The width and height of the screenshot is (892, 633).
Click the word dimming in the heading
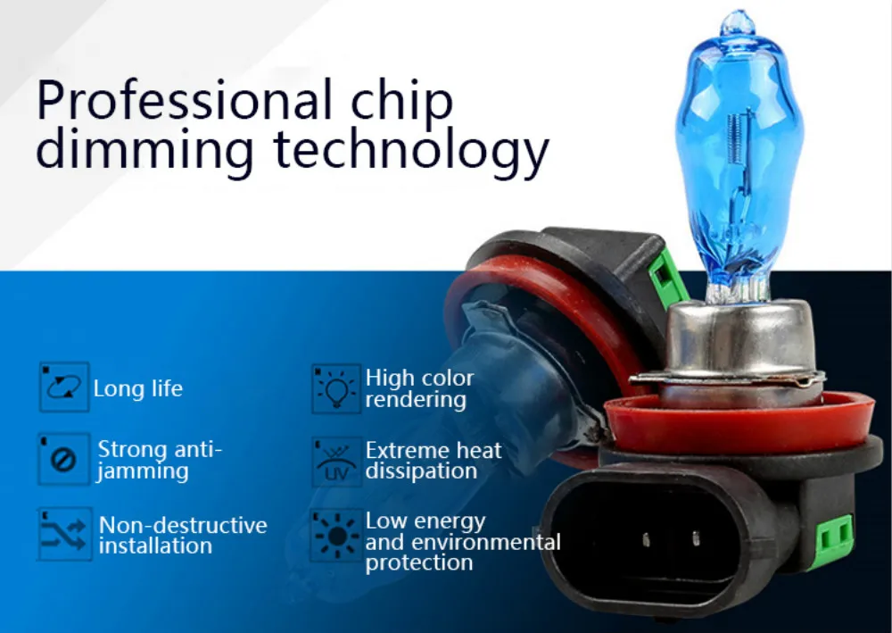tap(145, 149)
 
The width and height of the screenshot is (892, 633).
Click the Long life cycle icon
tap(63, 387)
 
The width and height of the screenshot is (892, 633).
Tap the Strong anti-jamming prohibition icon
tap(63, 459)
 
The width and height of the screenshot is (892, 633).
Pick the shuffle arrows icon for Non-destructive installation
tap(64, 534)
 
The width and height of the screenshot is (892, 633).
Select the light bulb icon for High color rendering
tap(336, 388)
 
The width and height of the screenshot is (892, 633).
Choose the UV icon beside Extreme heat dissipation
tap(336, 462)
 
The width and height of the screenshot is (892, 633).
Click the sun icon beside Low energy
tap(336, 535)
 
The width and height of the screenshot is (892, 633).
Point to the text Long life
tap(138, 388)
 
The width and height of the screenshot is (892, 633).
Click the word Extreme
tap(408, 450)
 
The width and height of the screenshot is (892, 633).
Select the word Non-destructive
tap(183, 525)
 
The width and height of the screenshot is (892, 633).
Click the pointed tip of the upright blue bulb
tap(739, 12)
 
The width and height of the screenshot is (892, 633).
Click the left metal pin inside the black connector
tap(646, 539)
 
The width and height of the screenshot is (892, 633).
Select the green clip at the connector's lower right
tap(837, 535)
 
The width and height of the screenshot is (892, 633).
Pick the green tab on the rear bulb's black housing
tap(666, 278)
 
